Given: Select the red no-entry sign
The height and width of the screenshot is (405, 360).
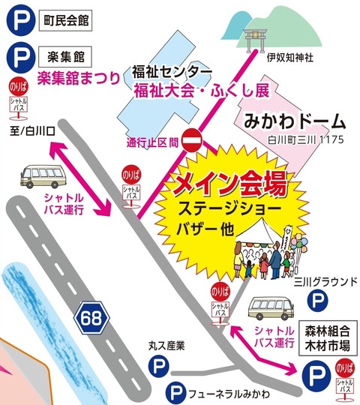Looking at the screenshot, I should [193, 139].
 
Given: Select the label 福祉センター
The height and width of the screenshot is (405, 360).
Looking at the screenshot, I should [172, 71].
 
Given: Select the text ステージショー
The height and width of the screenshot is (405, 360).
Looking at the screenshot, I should [230, 207].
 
